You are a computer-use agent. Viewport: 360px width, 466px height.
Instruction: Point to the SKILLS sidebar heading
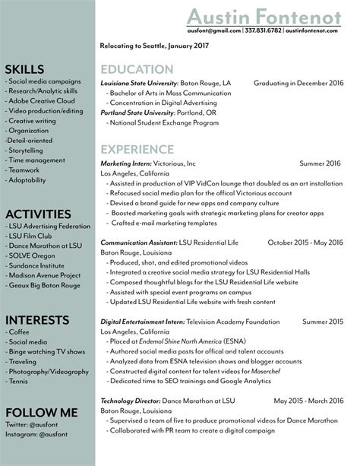(24, 69)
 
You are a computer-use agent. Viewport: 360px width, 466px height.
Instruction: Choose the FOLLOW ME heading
(41, 411)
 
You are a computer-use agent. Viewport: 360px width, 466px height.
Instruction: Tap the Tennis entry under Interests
(18, 383)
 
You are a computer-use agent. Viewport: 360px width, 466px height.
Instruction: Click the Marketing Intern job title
(126, 163)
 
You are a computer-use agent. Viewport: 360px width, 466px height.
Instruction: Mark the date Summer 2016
(321, 163)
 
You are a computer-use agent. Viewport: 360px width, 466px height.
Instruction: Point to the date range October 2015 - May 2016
(306, 242)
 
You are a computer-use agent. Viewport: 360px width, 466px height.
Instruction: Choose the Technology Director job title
(129, 400)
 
